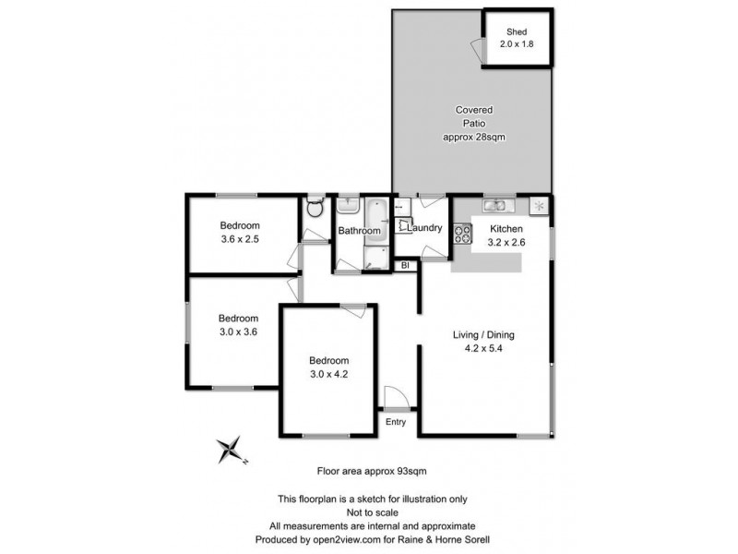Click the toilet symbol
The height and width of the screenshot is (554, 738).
point(314,207)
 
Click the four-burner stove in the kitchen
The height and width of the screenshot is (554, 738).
point(462,234)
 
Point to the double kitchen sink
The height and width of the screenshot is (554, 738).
point(495,205)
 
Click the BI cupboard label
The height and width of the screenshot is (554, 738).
point(404,266)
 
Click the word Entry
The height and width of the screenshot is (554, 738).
point(396,423)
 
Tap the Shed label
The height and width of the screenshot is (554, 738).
point(517,31)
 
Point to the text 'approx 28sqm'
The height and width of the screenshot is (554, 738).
point(473,137)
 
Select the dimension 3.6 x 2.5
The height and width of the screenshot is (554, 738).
point(239,240)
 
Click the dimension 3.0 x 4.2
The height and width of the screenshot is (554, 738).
point(328,374)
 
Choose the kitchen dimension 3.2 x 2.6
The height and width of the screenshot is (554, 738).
point(506,243)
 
